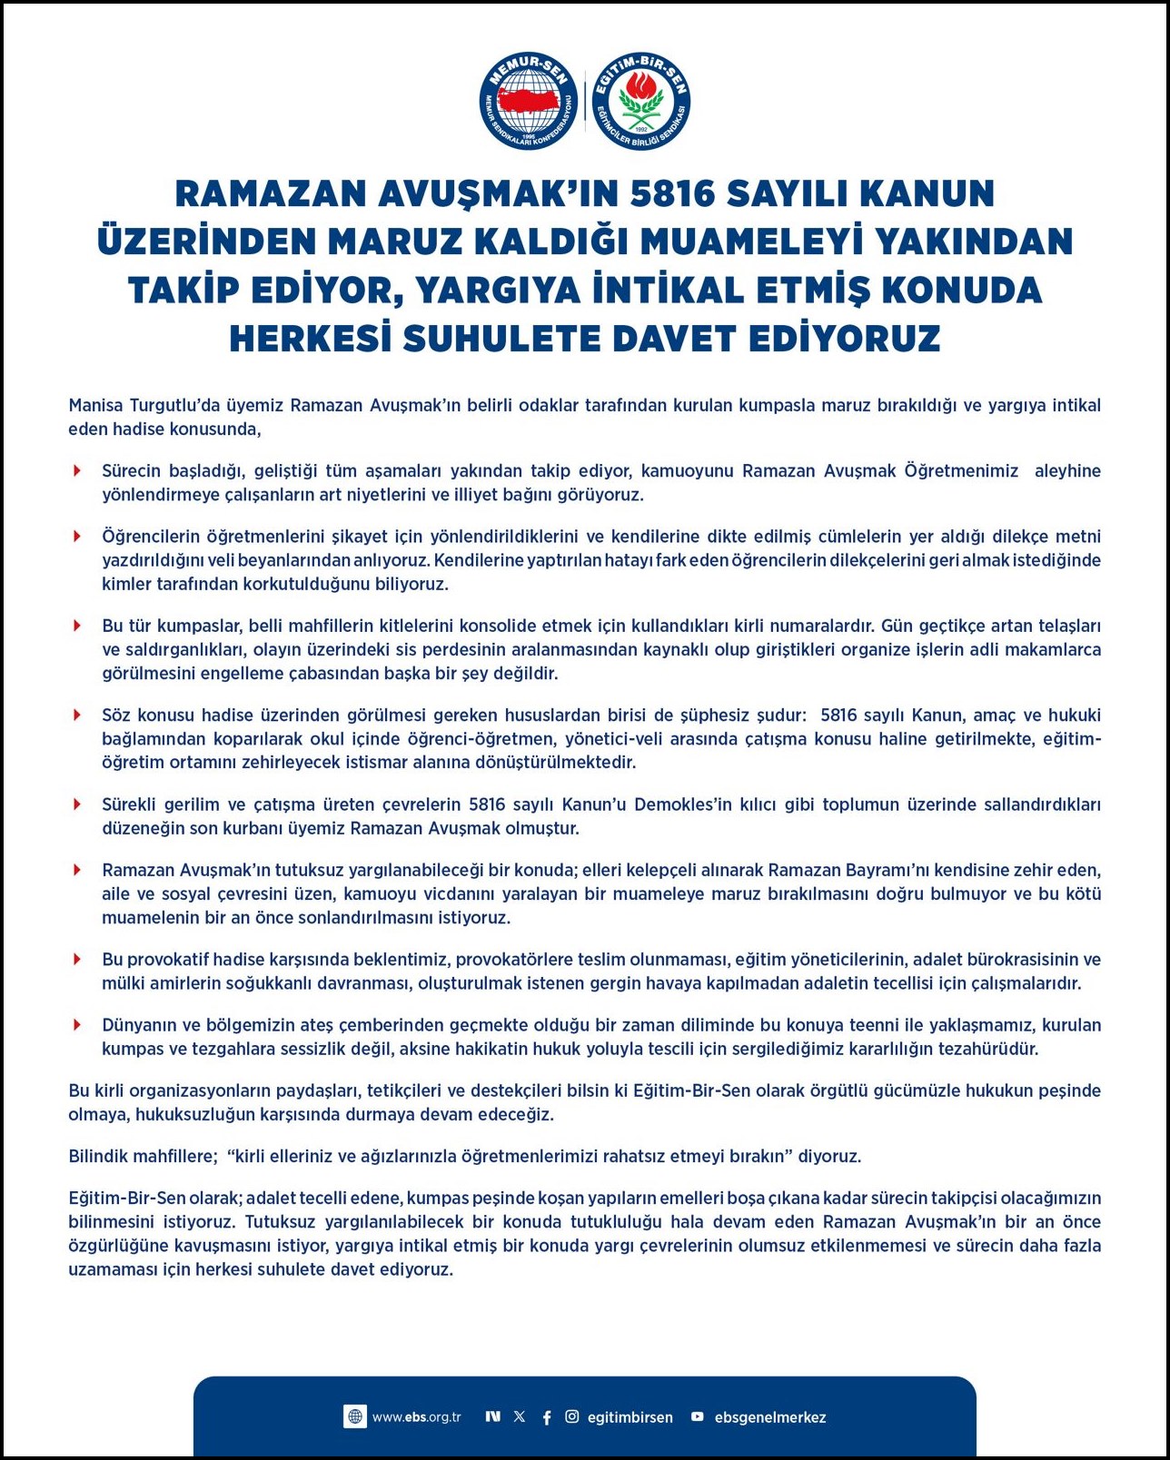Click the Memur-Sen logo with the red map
tap(529, 101)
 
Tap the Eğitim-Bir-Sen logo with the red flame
tap(641, 101)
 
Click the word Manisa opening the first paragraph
tap(95, 405)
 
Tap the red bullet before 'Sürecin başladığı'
tap(78, 470)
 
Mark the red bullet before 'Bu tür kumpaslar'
tap(78, 626)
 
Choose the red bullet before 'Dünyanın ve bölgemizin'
tap(78, 1025)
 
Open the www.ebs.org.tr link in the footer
tap(416, 1416)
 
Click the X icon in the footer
tap(520, 1416)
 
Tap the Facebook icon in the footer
tap(547, 1417)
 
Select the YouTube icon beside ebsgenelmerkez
tap(698, 1416)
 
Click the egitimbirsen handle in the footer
tap(630, 1417)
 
